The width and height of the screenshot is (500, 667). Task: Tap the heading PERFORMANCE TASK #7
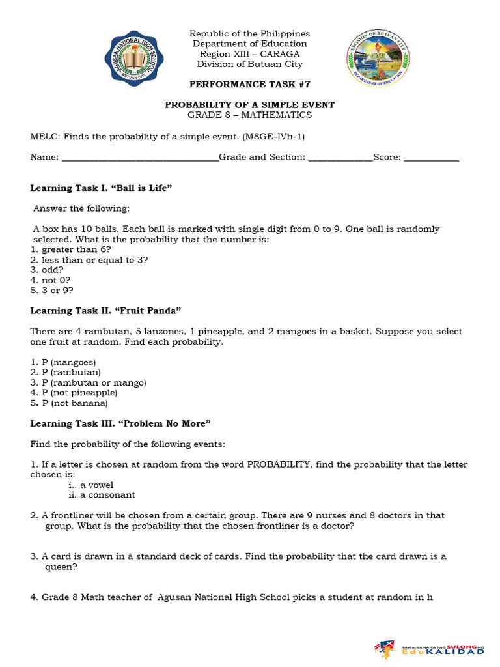249,85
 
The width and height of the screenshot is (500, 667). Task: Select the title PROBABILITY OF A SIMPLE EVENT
249,105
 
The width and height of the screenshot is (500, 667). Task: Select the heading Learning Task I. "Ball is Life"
101,188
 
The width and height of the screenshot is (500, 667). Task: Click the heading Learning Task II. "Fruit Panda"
105,311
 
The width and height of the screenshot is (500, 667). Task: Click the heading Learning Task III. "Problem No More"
120,423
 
